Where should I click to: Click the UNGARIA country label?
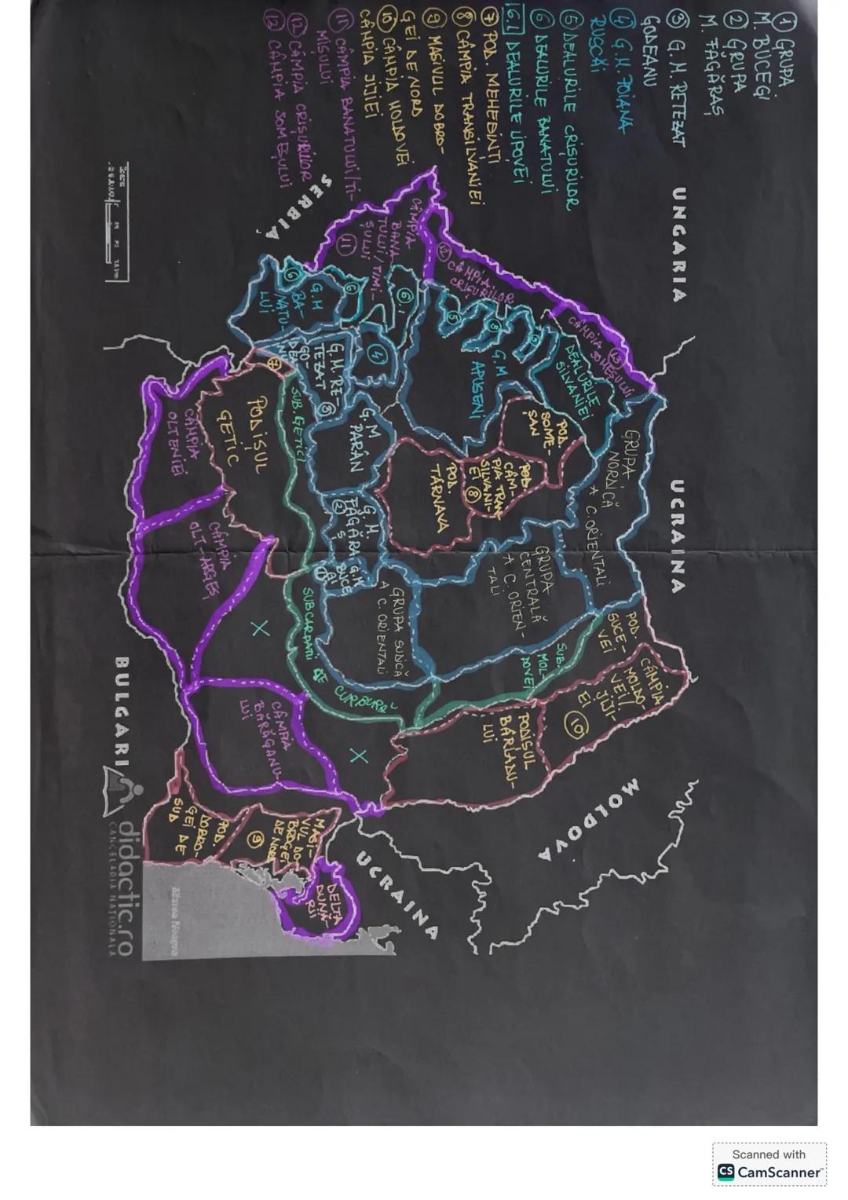pyautogui.click(x=679, y=243)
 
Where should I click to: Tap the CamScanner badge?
pyautogui.click(x=769, y=1164)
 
